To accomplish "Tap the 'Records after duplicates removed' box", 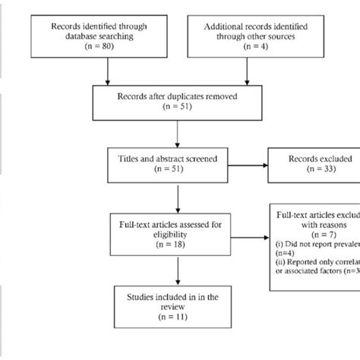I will (177, 102).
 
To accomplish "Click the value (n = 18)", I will (177, 244).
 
